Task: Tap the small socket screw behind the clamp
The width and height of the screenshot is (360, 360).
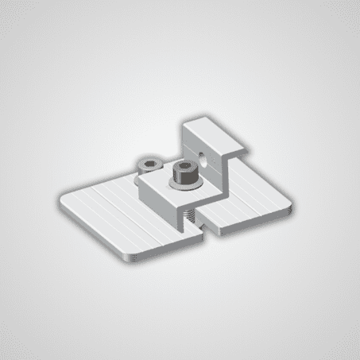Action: click(149, 166)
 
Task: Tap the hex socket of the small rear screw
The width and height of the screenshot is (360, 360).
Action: click(149, 163)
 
